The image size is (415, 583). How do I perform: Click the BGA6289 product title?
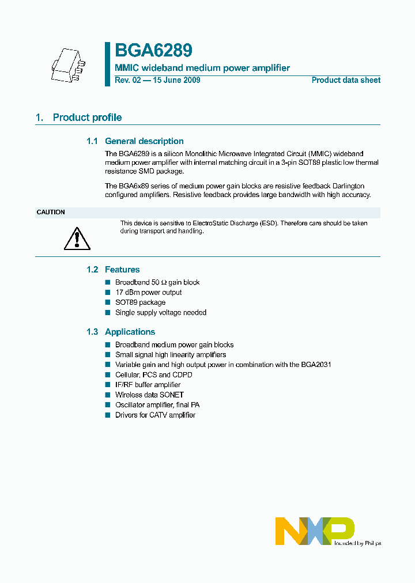click(x=153, y=51)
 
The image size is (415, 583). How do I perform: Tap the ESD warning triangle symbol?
click(x=77, y=237)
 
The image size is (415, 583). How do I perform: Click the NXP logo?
click(x=315, y=531)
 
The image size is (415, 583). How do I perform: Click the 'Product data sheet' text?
click(x=346, y=81)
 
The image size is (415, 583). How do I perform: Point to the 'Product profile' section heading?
click(x=87, y=118)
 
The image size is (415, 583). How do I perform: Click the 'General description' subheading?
click(x=144, y=141)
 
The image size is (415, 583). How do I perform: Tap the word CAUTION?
click(x=51, y=213)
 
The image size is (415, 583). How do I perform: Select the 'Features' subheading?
click(x=122, y=270)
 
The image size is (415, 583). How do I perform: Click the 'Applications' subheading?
click(x=130, y=332)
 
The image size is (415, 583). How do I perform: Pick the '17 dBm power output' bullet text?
click(x=148, y=293)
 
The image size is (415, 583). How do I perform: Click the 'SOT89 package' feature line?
click(x=140, y=302)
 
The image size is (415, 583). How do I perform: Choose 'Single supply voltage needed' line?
click(x=160, y=313)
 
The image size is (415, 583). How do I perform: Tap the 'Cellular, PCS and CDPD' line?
click(x=153, y=375)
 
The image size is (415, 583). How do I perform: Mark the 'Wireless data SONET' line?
click(x=149, y=395)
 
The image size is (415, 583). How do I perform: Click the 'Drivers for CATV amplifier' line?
click(x=155, y=415)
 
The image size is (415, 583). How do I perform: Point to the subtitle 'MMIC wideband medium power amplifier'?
click(x=202, y=68)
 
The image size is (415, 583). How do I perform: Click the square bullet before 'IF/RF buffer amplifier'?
click(x=107, y=385)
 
